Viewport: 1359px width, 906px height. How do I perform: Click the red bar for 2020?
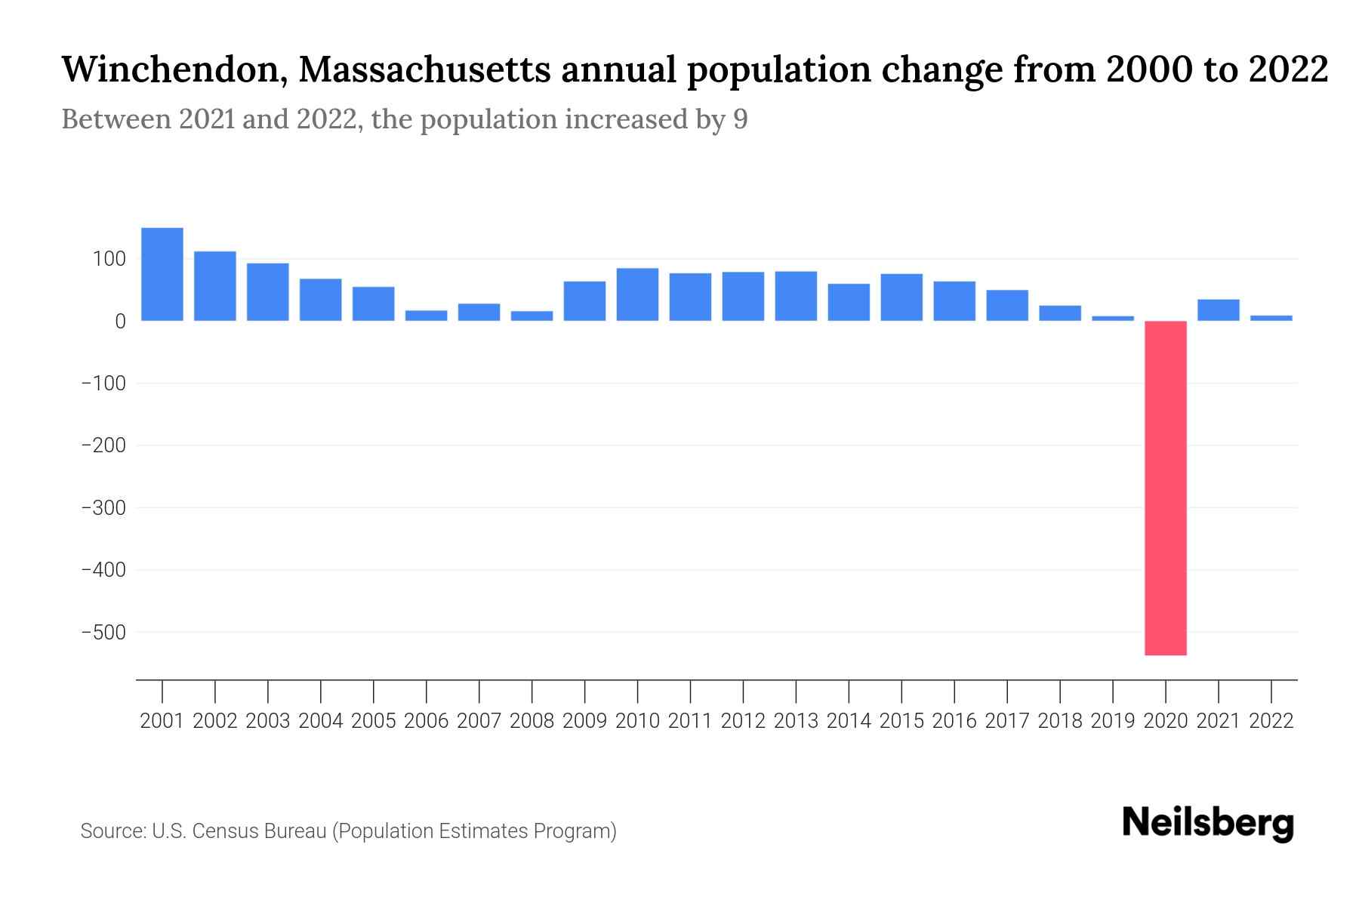coord(1165,488)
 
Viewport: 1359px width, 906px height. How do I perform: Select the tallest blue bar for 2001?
coord(162,274)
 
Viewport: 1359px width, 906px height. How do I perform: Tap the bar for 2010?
coord(637,294)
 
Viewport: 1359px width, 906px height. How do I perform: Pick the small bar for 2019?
coord(1113,318)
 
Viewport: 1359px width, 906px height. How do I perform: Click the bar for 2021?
coord(1218,310)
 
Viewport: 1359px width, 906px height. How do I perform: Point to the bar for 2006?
coord(427,316)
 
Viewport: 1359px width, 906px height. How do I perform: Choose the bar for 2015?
coord(901,297)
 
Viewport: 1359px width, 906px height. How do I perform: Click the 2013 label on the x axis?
coord(796,721)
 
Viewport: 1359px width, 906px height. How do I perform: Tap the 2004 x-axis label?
coord(321,721)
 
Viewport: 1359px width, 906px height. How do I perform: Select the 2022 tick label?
coord(1271,721)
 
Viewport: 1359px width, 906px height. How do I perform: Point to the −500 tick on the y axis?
coord(103,632)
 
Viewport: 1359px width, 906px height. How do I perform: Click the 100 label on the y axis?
coord(109,259)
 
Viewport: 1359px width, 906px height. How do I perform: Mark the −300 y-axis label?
coord(103,507)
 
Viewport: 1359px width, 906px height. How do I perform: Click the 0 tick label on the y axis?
coord(120,322)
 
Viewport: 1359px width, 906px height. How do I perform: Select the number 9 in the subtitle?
coord(740,119)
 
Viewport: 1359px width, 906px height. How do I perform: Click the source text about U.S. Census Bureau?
coord(349,831)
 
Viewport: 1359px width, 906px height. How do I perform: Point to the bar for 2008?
coord(532,316)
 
